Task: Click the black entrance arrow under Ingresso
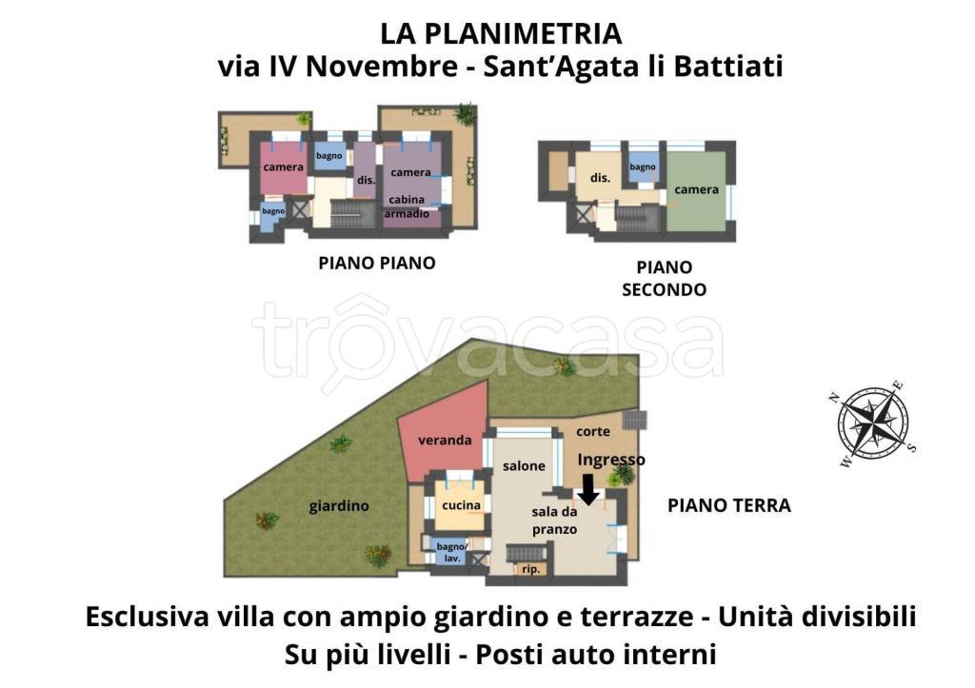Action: tap(588, 489)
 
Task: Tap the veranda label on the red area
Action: tap(445, 441)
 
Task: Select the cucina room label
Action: tap(461, 504)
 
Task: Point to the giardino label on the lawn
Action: tap(338, 506)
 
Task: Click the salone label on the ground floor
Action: tap(524, 466)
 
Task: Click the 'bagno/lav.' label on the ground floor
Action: tap(450, 552)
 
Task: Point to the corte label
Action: tap(593, 431)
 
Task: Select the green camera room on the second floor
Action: tap(697, 190)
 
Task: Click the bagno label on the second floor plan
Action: tap(643, 167)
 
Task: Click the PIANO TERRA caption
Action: tap(728, 505)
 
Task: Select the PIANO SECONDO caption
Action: tap(664, 279)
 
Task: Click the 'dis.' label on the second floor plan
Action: tap(600, 178)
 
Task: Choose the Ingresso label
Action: tap(612, 460)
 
